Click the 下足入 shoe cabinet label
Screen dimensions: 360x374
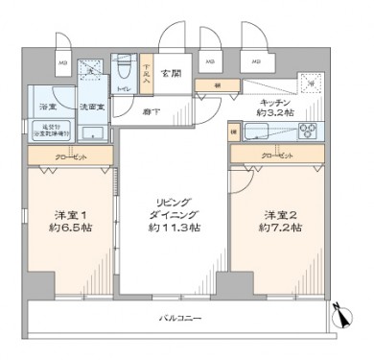(x=147, y=72)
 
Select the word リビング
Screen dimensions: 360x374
(x=174, y=203)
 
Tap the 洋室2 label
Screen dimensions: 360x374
(x=281, y=214)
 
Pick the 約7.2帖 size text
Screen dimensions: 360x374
(x=281, y=228)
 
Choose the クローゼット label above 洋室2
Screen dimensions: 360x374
(x=274, y=153)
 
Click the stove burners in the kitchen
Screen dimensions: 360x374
(x=310, y=132)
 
